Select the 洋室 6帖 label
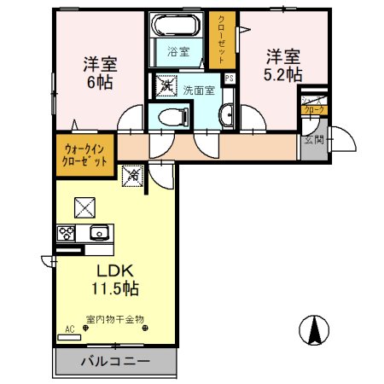coord(99,73)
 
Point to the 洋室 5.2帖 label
coord(282,66)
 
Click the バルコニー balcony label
coord(115,362)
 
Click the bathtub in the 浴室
coord(178,26)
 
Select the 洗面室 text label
coord(197,89)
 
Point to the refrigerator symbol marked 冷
coord(133,176)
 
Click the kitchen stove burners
coord(67,231)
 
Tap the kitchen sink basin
coord(99,231)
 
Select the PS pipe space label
coord(229,79)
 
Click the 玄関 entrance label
coord(313,140)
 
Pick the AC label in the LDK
coord(69,327)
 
